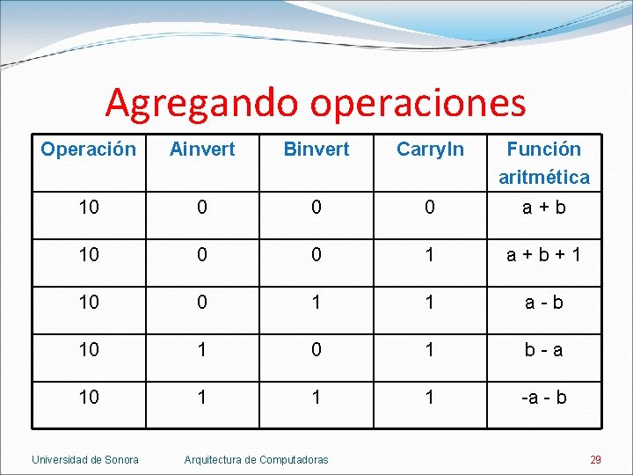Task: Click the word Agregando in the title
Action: click(x=203, y=103)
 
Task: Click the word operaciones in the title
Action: click(x=418, y=103)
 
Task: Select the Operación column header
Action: click(x=89, y=150)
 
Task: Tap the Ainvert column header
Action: click(x=202, y=150)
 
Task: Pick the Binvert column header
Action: click(x=316, y=150)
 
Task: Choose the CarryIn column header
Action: click(x=430, y=150)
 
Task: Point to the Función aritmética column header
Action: click(x=544, y=163)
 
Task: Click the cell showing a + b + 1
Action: click(x=544, y=254)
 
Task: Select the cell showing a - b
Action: click(x=544, y=302)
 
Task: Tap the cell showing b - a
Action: click(x=544, y=349)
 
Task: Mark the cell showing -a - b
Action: click(x=544, y=398)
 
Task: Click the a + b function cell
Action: click(x=544, y=208)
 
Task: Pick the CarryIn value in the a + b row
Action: click(x=430, y=208)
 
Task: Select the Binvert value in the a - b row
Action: click(x=316, y=302)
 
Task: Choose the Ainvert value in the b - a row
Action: click(x=202, y=349)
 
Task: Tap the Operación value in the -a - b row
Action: click(x=89, y=398)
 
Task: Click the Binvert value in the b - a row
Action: click(x=316, y=349)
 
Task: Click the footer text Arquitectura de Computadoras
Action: click(x=256, y=459)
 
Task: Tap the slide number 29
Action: click(x=595, y=459)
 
